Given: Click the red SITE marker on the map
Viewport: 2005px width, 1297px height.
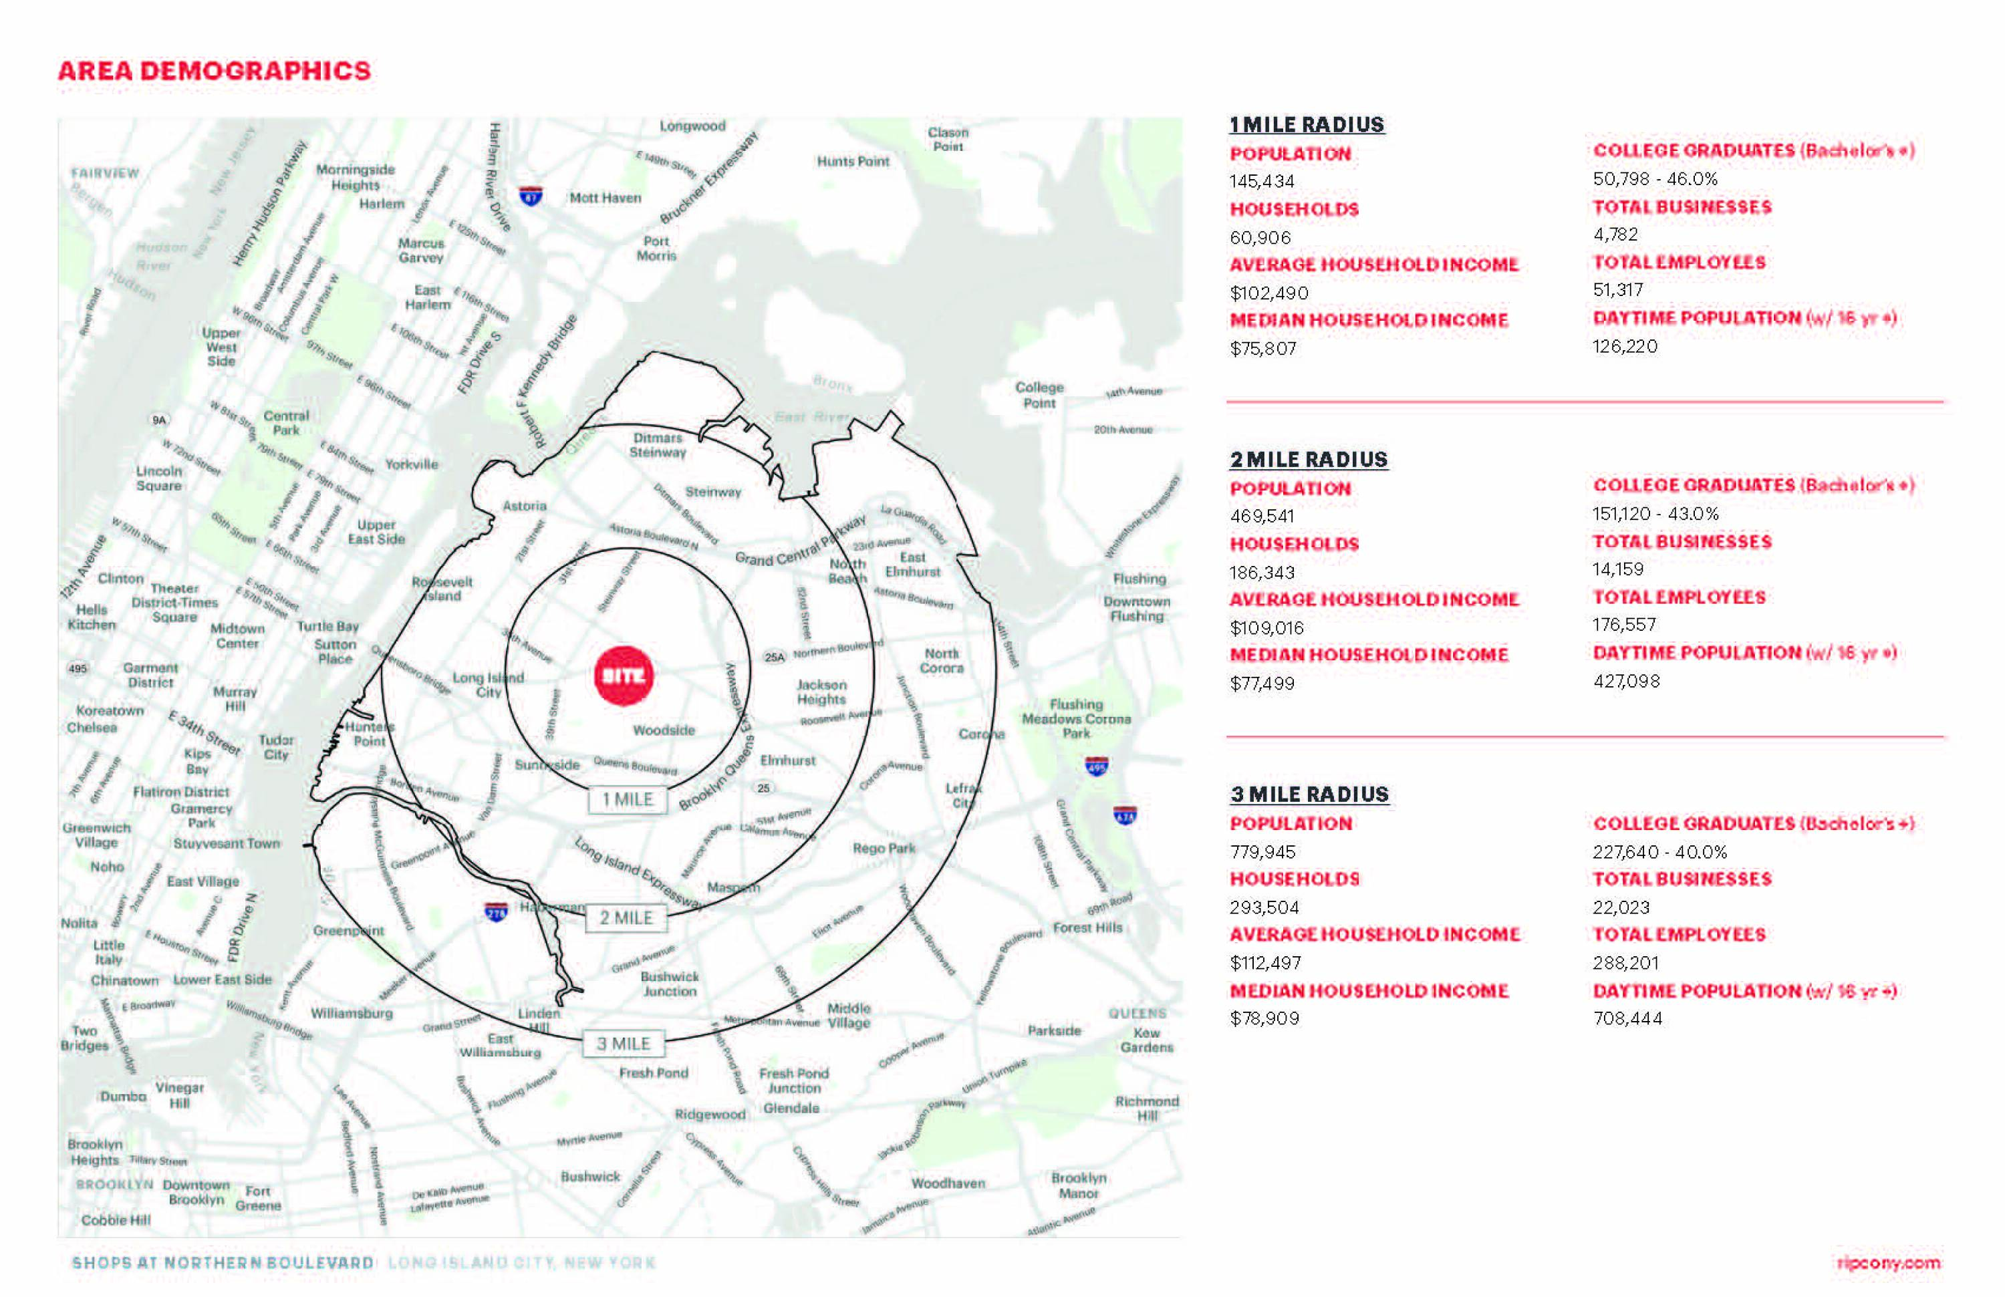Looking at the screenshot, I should pos(624,676).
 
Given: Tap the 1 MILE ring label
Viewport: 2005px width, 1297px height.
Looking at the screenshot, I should pos(627,799).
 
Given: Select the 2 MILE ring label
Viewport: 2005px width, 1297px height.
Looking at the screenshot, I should pos(626,918).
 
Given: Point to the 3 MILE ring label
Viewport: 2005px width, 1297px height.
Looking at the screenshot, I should pos(624,1044).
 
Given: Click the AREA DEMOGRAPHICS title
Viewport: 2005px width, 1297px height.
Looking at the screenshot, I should pos(214,71).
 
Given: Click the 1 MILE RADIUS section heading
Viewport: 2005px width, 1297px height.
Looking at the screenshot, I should pos(1307,125).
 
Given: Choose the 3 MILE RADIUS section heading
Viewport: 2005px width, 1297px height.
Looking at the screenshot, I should pos(1309,795).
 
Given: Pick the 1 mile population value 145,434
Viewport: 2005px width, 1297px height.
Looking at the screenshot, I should pos(1262,181).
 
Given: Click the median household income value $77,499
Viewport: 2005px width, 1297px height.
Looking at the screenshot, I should pos(1262,683).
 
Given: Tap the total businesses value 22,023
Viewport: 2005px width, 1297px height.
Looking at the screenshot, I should pos(1621,907).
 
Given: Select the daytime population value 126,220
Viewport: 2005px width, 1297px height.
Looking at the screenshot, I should pos(1624,346).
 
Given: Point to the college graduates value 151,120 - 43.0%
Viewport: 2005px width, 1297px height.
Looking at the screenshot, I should pos(1655,514).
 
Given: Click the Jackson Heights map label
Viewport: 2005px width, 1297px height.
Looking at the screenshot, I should pos(821,692).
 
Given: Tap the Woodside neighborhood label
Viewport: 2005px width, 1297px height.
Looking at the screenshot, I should pos(664,730).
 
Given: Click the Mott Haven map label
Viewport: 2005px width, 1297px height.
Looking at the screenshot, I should pos(605,198).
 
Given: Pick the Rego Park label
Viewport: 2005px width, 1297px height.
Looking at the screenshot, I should pos(884,848).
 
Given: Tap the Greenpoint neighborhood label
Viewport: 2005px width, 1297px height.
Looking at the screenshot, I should pos(349,931).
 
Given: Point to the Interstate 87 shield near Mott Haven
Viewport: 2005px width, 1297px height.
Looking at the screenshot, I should pos(531,196).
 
